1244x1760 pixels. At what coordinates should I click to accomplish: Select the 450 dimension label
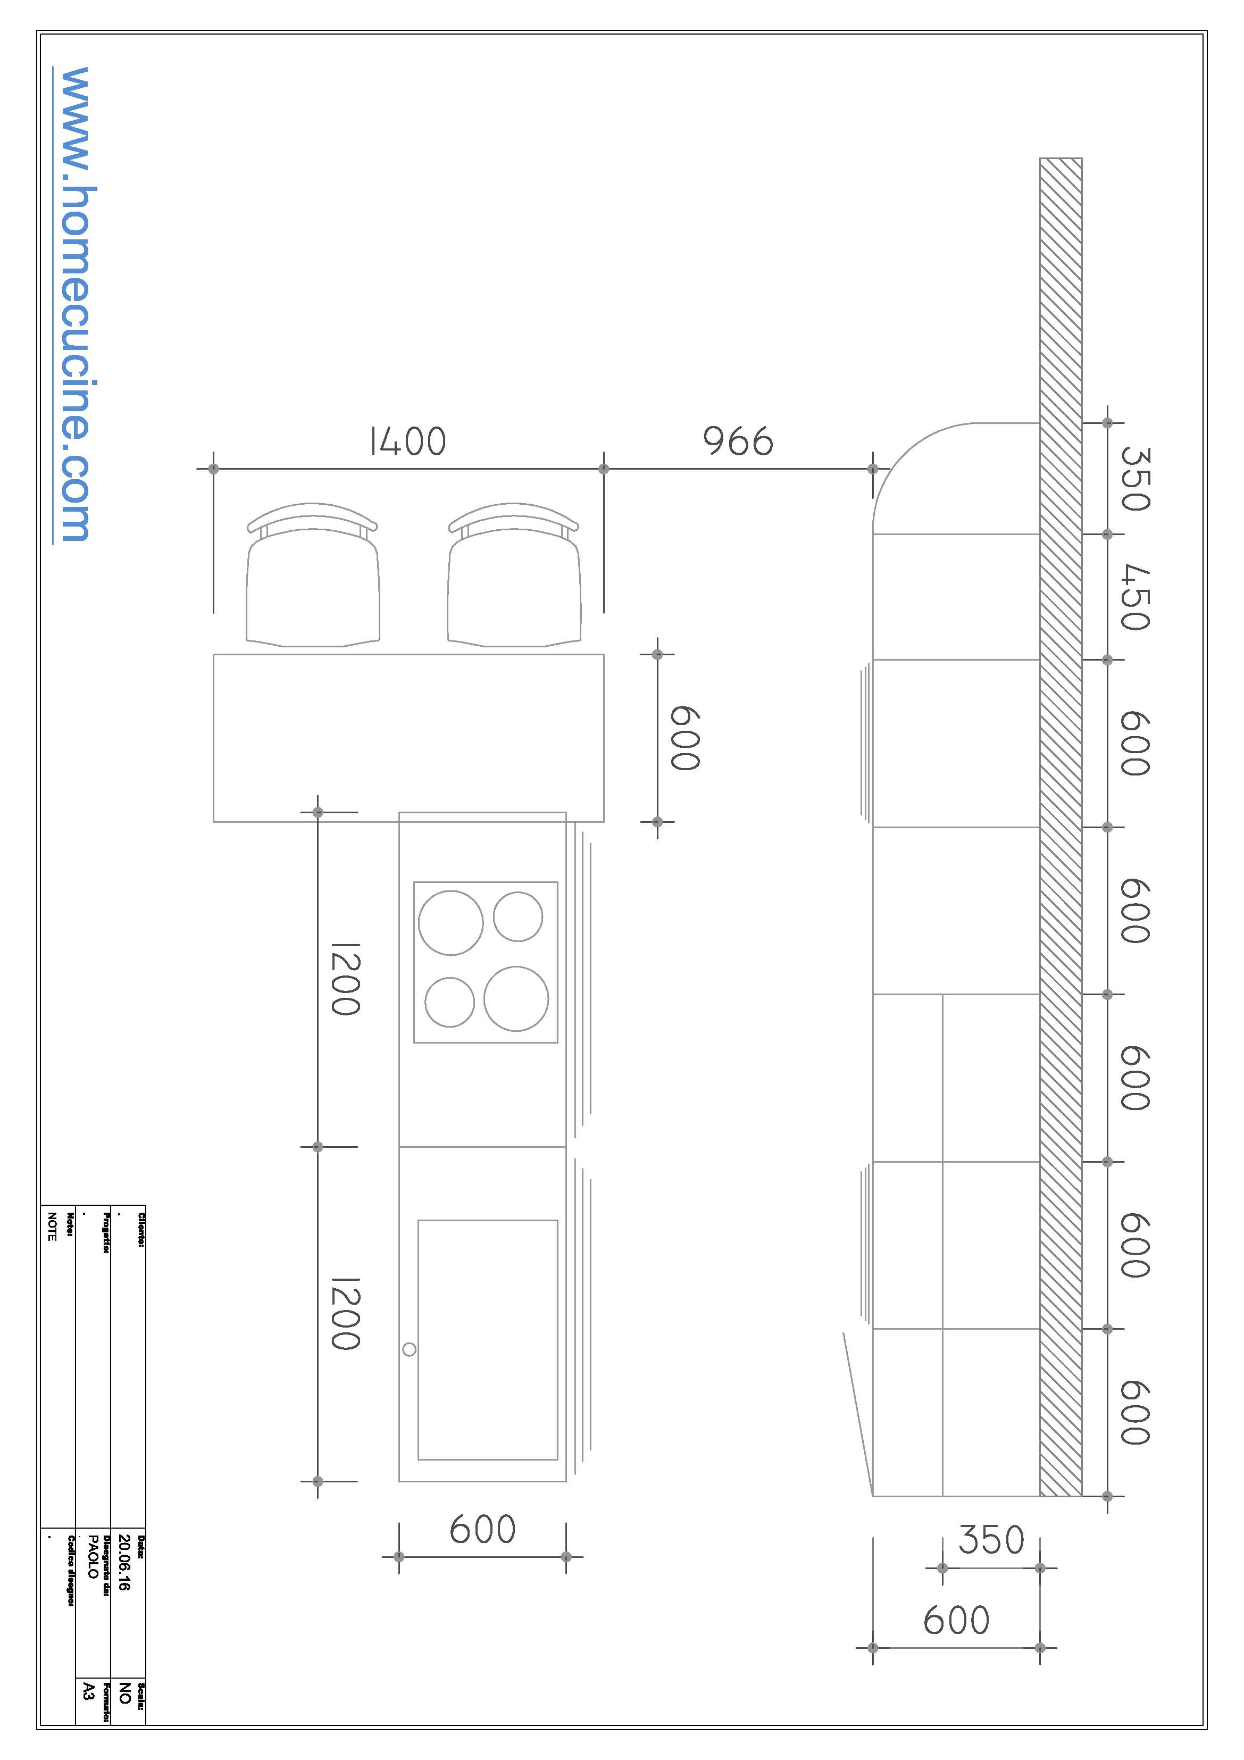pos(1135,597)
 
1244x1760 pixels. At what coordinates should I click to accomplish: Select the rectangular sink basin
pos(488,1339)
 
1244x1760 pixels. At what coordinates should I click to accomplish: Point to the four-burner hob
pos(485,962)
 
